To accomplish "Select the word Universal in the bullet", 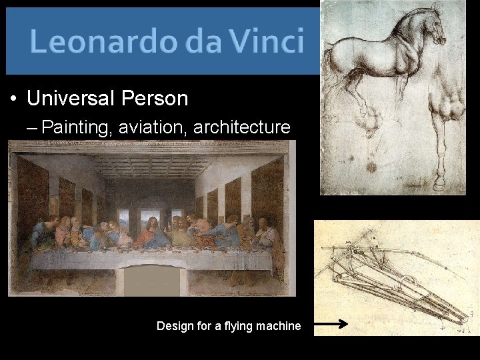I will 71,99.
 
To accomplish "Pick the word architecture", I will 241,127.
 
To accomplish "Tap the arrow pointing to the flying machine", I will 331,325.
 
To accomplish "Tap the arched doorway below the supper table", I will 151,280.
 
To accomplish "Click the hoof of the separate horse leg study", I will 440,184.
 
